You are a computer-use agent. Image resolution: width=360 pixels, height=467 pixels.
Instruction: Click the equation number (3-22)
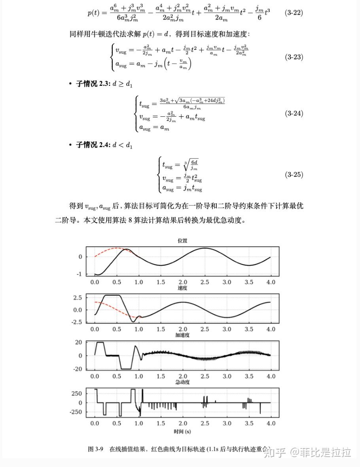point(294,13)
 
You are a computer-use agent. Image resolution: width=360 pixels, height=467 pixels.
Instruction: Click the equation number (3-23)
point(294,57)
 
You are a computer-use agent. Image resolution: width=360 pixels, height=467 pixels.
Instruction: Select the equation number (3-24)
point(294,113)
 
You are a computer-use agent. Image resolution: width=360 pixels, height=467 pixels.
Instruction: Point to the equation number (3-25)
point(294,174)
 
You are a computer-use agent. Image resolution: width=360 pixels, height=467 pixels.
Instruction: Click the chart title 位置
point(182,240)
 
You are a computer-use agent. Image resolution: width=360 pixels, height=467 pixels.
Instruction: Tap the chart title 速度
point(182,288)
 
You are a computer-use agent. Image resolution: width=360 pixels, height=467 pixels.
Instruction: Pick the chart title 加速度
point(182,335)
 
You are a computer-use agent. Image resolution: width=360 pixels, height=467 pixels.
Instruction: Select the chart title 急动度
point(182,382)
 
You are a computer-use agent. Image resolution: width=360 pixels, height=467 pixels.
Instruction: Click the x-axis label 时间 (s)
point(182,431)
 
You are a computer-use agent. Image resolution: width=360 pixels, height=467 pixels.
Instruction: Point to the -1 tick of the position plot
point(80,274)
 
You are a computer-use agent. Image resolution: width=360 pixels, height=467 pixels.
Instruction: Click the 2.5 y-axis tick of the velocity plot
point(78,297)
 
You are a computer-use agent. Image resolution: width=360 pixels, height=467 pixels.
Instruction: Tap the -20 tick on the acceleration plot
point(78,369)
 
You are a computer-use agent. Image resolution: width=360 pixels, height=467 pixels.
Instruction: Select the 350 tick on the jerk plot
point(76,393)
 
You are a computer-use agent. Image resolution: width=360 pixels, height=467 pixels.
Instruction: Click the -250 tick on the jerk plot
point(75,412)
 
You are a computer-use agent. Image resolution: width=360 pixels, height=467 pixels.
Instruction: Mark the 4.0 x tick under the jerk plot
point(271,424)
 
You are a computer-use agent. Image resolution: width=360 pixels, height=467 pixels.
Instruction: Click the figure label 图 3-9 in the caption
point(95,450)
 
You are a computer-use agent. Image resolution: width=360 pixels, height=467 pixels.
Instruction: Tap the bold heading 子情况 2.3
point(93,84)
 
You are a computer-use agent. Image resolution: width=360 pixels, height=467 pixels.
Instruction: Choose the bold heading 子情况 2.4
point(93,145)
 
